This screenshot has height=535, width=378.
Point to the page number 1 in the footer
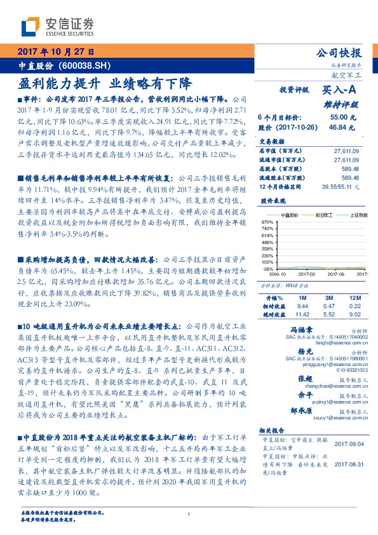[x=189, y=515]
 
